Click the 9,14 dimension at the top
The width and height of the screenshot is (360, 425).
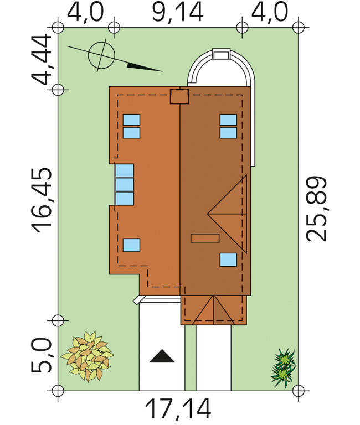click(178, 13)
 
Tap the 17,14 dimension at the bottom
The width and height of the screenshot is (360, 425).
click(178, 409)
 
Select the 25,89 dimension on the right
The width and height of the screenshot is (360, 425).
click(316, 209)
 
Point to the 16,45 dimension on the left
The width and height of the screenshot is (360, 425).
click(42, 200)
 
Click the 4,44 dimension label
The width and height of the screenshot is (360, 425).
click(41, 59)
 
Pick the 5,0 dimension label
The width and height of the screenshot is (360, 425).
click(41, 355)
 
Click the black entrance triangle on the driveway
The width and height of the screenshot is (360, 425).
click(162, 356)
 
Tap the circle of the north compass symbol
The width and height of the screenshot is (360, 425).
click(101, 55)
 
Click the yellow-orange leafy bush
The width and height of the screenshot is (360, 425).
click(88, 356)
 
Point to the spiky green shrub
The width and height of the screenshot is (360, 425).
click(283, 368)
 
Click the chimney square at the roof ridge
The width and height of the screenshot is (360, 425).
click(179, 96)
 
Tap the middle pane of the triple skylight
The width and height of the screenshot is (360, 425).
click(125, 185)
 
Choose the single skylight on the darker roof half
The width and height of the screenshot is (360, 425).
click(228, 260)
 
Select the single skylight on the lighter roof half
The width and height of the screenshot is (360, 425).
click(132, 245)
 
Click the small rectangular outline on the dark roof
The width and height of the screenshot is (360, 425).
click(205, 238)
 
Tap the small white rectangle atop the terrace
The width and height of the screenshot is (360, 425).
click(221, 54)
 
